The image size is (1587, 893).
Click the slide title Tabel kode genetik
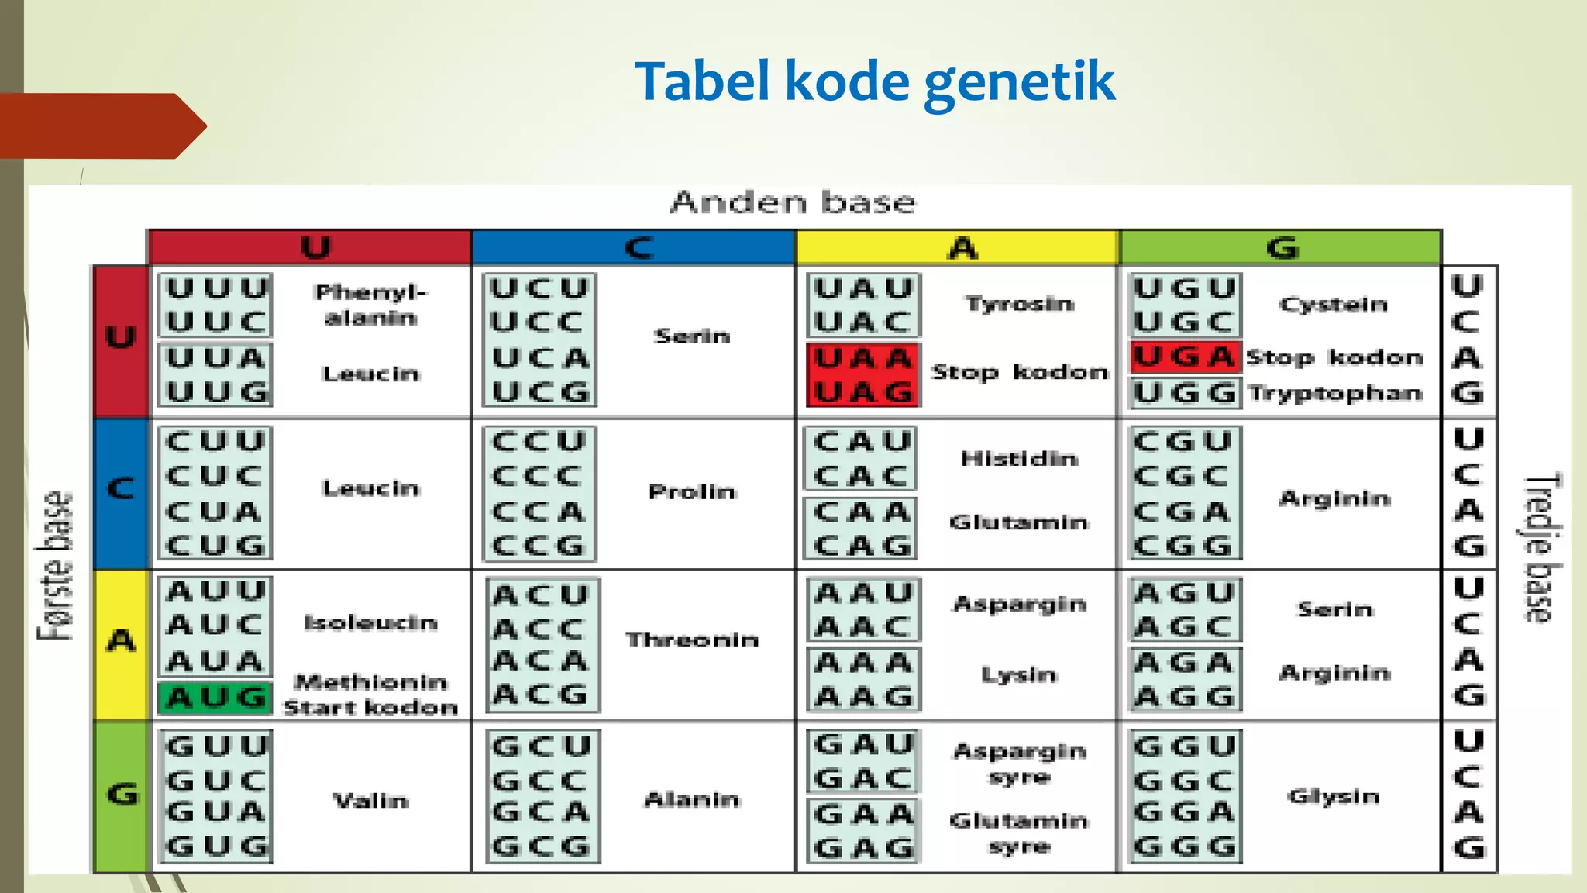click(874, 82)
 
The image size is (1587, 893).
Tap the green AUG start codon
click(216, 698)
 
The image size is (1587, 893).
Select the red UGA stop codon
click(1184, 357)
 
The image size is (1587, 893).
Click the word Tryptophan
click(1335, 393)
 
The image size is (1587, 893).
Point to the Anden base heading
click(793, 202)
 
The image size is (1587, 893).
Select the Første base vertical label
click(55, 566)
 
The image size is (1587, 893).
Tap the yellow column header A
click(961, 248)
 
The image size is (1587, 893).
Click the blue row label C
click(121, 489)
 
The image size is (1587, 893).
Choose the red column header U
click(315, 248)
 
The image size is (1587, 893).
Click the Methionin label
click(371, 682)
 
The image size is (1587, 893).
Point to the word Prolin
click(692, 492)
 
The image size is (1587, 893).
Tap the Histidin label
click(1019, 459)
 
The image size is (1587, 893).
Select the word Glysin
click(1334, 797)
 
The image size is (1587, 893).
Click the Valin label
click(371, 801)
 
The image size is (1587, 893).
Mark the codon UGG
click(1184, 394)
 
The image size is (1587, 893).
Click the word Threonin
click(692, 640)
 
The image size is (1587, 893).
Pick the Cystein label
click(1334, 305)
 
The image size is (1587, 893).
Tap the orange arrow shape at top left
click(101, 126)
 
